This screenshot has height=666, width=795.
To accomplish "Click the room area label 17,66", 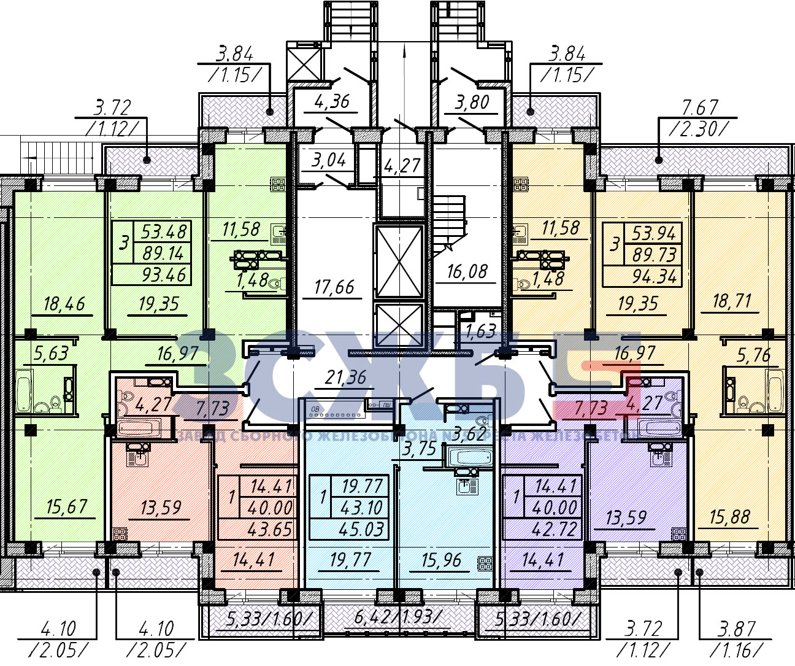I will pos(334,287).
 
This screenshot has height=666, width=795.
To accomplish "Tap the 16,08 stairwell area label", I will pos(467,271).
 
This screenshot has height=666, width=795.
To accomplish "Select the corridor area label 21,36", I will pos(345,377).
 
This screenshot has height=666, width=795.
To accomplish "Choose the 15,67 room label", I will pos(66,507).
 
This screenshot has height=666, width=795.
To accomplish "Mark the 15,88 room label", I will pos(729,517).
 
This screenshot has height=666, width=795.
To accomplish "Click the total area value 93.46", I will pos(164,274).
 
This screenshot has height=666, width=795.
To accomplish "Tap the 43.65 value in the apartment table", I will pos(269,529).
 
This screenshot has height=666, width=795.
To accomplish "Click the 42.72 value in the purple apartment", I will pos(554,529).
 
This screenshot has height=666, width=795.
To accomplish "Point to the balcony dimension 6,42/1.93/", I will pos(397,618).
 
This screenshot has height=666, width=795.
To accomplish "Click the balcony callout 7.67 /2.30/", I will pos(699,118).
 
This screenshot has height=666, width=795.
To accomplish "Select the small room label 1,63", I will pos(480,332).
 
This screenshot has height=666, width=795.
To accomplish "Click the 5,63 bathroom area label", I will pos(51,354).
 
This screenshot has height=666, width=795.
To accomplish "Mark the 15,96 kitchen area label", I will pos(441,559).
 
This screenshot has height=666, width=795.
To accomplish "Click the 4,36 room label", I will pos(331,102).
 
